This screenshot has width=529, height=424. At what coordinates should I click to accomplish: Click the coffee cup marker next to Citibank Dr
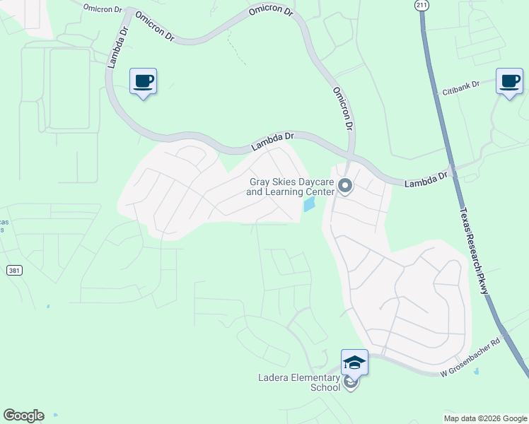click(x=509, y=81)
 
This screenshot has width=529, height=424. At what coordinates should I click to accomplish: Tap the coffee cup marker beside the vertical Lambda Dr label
click(x=144, y=81)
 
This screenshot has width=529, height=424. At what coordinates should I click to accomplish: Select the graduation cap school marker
click(x=354, y=363)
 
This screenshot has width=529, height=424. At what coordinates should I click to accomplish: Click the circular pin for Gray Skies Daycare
click(x=345, y=186)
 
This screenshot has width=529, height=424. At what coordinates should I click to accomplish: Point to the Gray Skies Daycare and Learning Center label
click(x=291, y=187)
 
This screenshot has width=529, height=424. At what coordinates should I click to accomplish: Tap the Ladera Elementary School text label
click(x=300, y=382)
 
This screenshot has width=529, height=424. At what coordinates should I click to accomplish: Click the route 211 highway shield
click(x=422, y=6)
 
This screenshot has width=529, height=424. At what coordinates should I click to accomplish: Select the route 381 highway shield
click(x=14, y=271)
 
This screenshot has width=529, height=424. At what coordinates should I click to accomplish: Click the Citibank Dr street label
click(x=460, y=88)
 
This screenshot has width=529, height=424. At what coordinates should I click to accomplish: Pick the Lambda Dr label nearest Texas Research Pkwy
click(x=426, y=179)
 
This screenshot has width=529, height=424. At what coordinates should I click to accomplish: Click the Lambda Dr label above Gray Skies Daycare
click(x=272, y=142)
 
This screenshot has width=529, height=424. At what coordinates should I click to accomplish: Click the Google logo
click(x=23, y=416)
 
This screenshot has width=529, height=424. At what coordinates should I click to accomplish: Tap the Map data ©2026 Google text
click(x=485, y=418)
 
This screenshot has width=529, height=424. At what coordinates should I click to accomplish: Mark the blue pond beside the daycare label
click(x=309, y=205)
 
